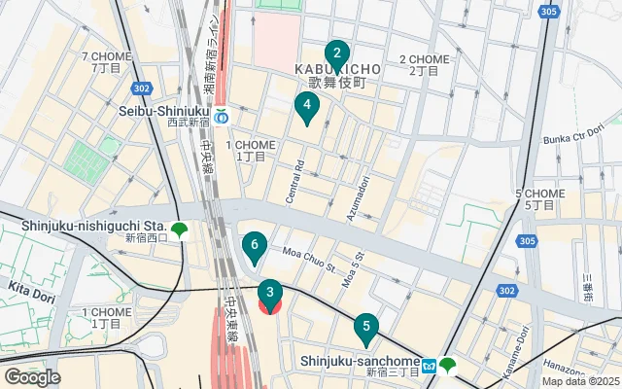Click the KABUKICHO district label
coord(336,70)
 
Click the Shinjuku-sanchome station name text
coord(365,360)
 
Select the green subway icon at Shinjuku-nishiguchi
coord(179,230)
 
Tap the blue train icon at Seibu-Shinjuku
coord(222,119)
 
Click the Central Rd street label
coord(295,182)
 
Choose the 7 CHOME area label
coord(107,57)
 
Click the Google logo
coord(32,376)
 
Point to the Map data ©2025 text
coord(580,381)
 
